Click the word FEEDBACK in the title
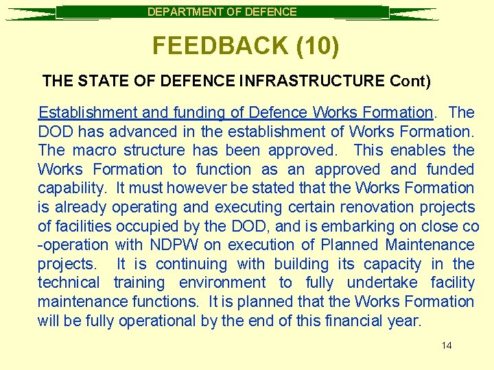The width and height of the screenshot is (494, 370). pyautogui.click(x=210, y=46)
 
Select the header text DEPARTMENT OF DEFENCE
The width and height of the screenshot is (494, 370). pyautogui.click(x=222, y=12)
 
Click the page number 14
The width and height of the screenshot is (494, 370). pyautogui.click(x=447, y=345)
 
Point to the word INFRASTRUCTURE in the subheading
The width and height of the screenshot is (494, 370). pyautogui.click(x=312, y=81)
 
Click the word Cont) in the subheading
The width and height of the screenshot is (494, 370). pyautogui.click(x=410, y=81)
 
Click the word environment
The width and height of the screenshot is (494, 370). pyautogui.click(x=222, y=282)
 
